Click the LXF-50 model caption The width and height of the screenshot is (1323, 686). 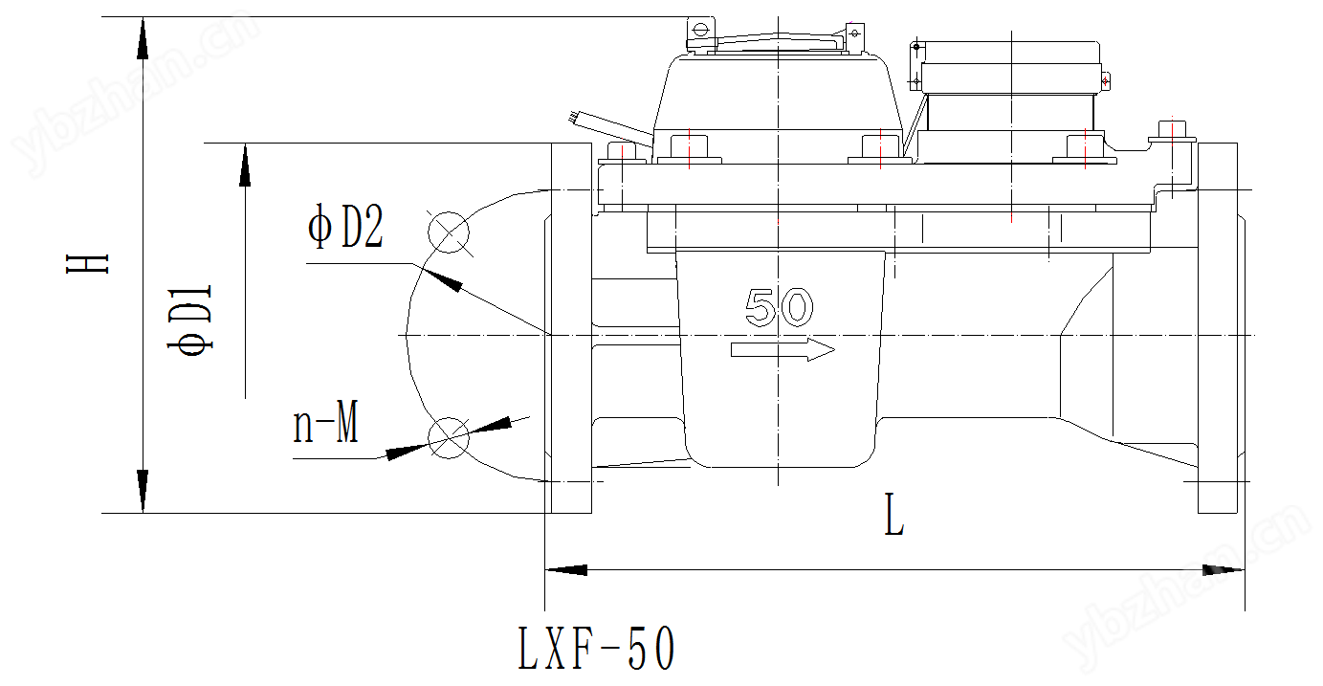coord(597,648)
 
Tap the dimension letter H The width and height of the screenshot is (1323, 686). coord(87,263)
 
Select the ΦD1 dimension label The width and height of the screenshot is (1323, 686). coord(189,320)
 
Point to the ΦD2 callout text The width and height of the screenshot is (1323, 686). coord(345,226)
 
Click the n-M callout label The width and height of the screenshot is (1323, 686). coord(325,422)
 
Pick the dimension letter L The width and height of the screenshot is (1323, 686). coord(894,515)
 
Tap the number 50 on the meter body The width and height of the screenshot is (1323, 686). coord(779,307)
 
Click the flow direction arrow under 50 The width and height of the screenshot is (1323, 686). coord(783,350)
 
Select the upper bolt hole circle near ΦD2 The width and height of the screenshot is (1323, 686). coord(449,232)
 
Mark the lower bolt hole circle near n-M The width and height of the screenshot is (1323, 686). coord(449,438)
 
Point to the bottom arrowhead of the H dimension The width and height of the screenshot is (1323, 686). coord(143,491)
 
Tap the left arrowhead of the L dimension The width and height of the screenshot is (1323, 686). coord(566,570)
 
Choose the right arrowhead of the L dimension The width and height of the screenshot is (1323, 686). coord(1224,570)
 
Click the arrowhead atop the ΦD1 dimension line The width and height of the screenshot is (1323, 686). coord(245,165)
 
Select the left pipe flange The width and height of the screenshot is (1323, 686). coord(571,328)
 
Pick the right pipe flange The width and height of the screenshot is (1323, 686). coord(1217,328)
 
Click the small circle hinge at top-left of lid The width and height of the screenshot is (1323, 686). coord(700,30)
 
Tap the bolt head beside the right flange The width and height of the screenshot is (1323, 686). coord(1173,131)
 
